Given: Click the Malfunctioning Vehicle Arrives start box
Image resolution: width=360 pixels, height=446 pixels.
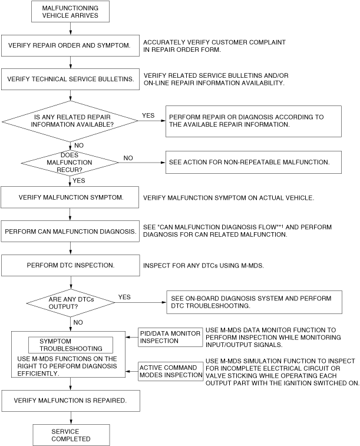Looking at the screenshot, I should (x=70, y=11).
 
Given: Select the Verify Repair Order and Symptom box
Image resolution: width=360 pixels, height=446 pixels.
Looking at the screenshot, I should (x=70, y=44).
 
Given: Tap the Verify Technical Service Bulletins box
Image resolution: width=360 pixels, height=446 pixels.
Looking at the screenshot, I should (x=70, y=77).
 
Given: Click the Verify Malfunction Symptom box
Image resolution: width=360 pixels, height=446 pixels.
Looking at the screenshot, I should (x=70, y=197).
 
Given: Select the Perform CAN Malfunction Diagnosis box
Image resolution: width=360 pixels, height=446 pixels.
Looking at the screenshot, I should (x=70, y=232).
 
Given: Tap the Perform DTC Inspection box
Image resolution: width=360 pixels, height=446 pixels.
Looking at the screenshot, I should (x=70, y=265).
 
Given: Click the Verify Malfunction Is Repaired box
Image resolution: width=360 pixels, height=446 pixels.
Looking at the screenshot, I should (x=70, y=401).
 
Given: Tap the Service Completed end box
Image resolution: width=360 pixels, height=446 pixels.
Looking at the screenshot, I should (x=70, y=435).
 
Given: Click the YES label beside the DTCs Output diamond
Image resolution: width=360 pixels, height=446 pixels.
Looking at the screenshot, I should (x=124, y=297).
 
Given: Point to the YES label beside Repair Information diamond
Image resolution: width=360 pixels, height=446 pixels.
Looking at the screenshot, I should (x=148, y=115).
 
